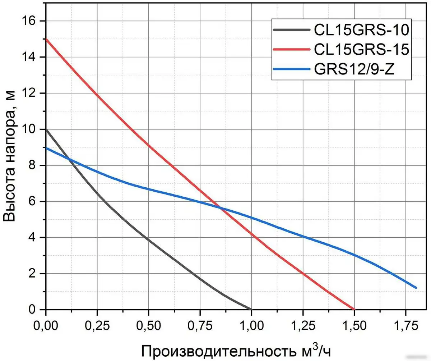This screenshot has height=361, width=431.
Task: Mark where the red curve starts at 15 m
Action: [46, 39]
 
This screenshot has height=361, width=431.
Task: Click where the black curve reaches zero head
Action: [251, 309]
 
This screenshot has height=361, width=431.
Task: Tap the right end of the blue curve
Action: [416, 288]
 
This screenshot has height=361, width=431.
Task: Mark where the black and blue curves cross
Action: [69, 159]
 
